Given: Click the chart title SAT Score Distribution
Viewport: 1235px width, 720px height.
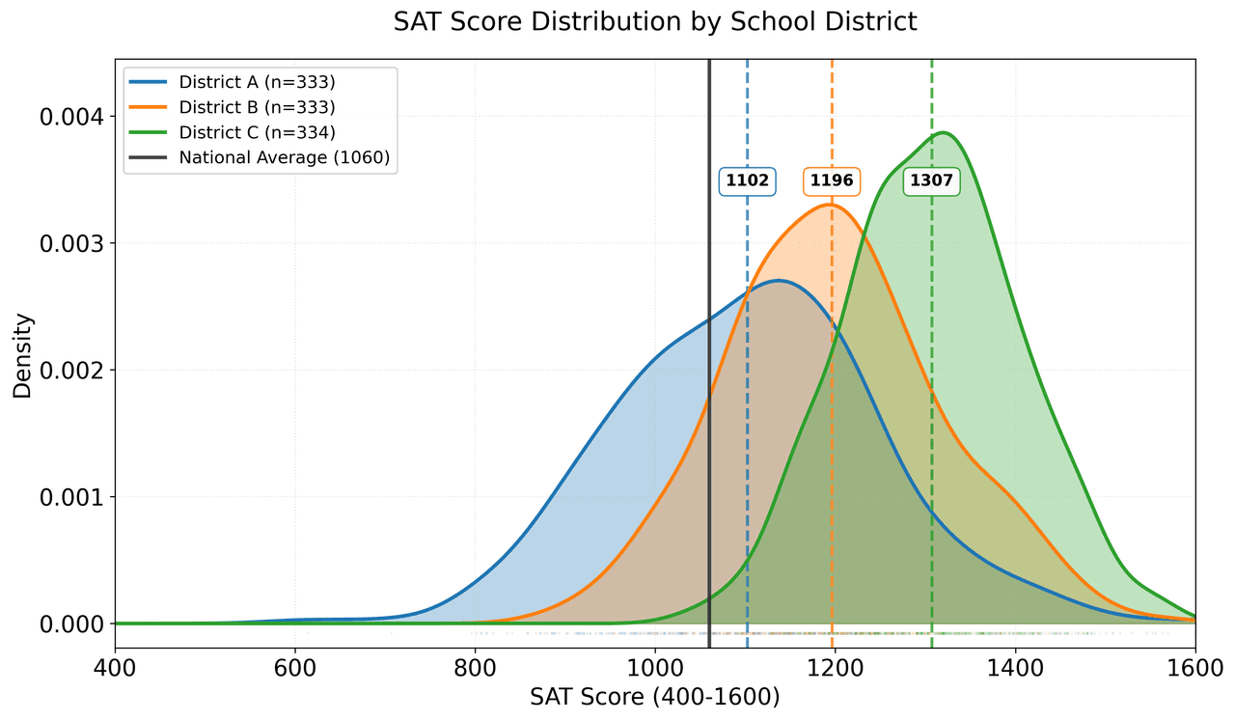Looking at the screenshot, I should (x=655, y=22).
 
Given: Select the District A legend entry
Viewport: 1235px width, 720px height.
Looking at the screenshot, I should (x=257, y=81).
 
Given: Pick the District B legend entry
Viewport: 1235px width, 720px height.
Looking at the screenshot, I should (x=257, y=106).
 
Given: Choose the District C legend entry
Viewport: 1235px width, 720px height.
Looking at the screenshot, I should (x=257, y=132).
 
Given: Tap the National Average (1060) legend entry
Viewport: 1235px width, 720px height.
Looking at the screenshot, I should (x=284, y=158).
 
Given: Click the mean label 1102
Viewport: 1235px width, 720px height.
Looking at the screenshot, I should (x=747, y=180).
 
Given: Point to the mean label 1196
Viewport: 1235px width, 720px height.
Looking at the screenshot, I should (x=833, y=180).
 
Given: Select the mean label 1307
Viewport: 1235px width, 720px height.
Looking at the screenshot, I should (x=931, y=180).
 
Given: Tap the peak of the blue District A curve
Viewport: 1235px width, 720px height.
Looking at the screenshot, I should (x=779, y=281).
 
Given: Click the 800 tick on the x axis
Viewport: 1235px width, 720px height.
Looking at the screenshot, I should (x=475, y=667).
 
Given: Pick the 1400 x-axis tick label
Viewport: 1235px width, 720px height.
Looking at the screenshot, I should (x=1015, y=667).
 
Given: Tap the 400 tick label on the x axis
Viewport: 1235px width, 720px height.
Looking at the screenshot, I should (x=115, y=667).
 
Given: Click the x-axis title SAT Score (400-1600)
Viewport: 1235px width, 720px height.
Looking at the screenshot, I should (x=655, y=697).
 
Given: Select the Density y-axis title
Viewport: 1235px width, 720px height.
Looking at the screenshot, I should (x=23, y=355).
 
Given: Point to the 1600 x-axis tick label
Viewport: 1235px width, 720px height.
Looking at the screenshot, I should (x=1194, y=667).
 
